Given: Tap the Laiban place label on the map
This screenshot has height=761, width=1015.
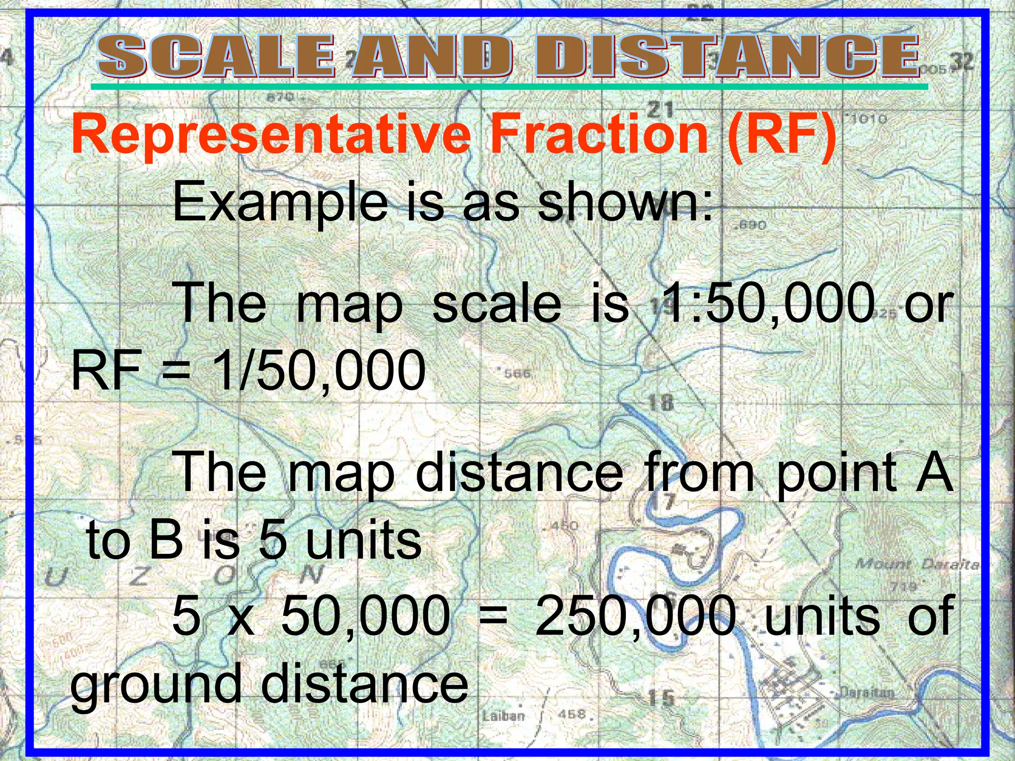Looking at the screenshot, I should [x=503, y=715].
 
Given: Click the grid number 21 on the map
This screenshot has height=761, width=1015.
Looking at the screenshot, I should [x=660, y=109].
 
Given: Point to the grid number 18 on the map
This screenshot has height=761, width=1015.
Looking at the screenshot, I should [x=661, y=402].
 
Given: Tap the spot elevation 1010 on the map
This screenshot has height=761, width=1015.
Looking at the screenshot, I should [x=869, y=119].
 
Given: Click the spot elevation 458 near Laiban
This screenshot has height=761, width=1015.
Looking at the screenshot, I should [x=572, y=714].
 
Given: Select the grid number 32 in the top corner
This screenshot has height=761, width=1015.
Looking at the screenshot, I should [x=962, y=62].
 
